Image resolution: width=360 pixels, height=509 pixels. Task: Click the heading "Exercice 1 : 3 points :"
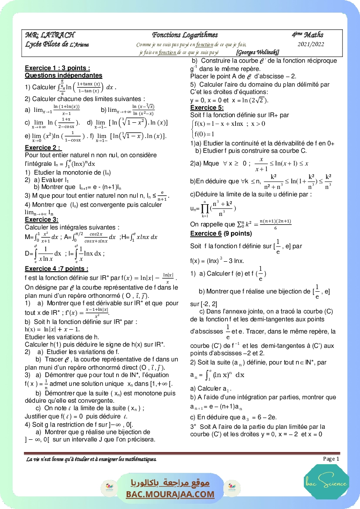57,68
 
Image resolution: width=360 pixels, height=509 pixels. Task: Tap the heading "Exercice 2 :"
43,148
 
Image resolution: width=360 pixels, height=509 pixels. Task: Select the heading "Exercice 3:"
41,220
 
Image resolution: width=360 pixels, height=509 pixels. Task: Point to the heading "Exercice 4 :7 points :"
57,268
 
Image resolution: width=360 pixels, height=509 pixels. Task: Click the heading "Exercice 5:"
207,108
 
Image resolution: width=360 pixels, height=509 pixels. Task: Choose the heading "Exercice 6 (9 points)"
221,233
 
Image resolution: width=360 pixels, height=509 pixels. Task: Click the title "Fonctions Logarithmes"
185,35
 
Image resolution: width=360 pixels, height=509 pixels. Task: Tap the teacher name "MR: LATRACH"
50,35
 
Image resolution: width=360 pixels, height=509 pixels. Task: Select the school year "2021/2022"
311,44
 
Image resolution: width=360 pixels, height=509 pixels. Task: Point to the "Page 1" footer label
331,458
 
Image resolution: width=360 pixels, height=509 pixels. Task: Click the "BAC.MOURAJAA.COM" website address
170,494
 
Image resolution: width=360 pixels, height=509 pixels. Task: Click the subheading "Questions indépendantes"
64,75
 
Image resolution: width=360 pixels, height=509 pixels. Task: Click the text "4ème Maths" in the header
308,35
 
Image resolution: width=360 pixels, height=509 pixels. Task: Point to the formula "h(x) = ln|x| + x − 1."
50,329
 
